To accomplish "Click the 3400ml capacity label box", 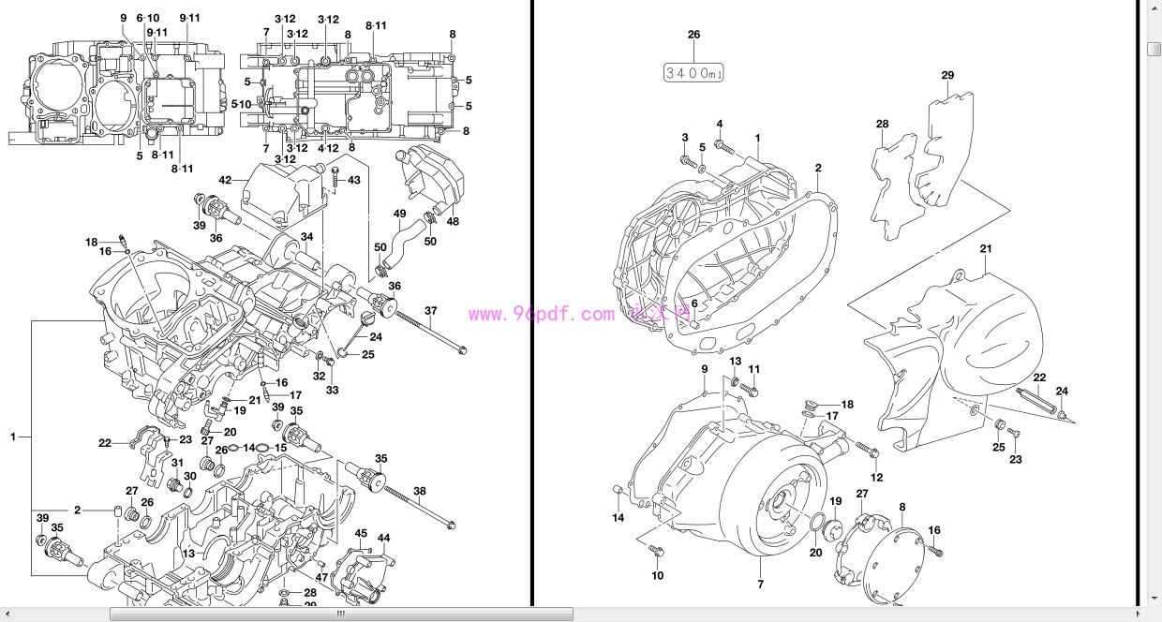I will click(x=693, y=72).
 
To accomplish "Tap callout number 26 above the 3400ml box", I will click(x=693, y=35).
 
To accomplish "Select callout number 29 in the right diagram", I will click(x=947, y=75).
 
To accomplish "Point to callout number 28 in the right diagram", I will click(x=882, y=124).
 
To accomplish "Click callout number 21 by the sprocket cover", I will click(x=985, y=249).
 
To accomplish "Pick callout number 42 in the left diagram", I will click(x=225, y=180).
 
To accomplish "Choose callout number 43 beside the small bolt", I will click(x=354, y=180).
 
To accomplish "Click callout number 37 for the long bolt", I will click(x=431, y=311).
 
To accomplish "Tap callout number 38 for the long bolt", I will click(x=419, y=491).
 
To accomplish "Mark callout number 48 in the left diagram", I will click(x=453, y=222).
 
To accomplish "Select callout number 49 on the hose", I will click(x=400, y=214).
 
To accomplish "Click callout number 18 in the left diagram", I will click(x=91, y=243).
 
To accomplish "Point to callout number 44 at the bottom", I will click(x=383, y=538).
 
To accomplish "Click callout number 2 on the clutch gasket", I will click(x=817, y=169).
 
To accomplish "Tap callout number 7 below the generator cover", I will click(x=760, y=585).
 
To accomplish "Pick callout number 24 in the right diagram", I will click(x=1062, y=392).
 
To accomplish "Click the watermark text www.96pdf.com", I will click(x=542, y=316).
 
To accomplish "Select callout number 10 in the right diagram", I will click(x=657, y=575).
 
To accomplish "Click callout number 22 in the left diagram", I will click(x=105, y=443).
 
